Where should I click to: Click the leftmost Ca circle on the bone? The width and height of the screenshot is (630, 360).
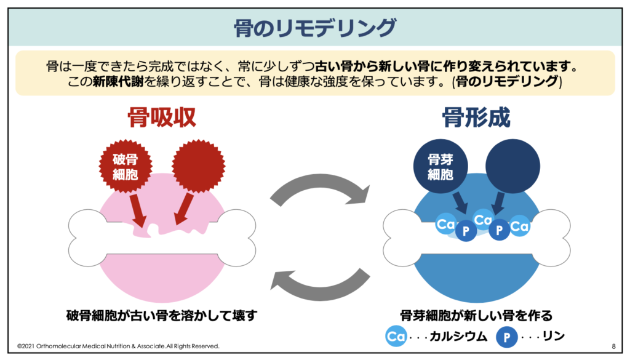pyautogui.click(x=445, y=225)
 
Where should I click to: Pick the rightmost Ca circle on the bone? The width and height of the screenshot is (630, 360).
pyautogui.click(x=520, y=226)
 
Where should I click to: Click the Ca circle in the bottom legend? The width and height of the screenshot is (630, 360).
pyautogui.click(x=396, y=337)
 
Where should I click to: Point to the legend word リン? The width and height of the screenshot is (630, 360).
pyautogui.click(x=551, y=337)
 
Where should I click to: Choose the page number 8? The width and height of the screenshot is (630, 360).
pyautogui.click(x=613, y=346)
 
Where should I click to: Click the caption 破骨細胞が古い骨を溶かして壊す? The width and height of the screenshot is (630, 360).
pyautogui.click(x=161, y=316)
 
